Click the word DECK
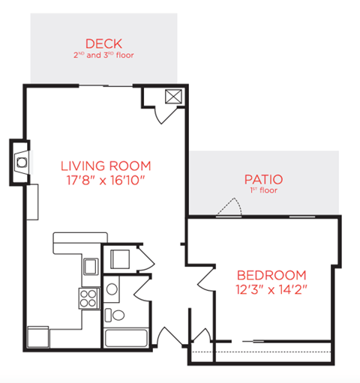click(103, 43)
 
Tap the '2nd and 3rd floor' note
click(103, 55)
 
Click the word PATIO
click(263, 179)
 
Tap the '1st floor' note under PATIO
click(263, 190)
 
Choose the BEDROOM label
click(271, 274)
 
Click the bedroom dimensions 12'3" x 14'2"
click(271, 288)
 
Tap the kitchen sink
click(90, 266)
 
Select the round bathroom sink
click(112, 287)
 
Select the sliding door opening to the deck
click(103, 85)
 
